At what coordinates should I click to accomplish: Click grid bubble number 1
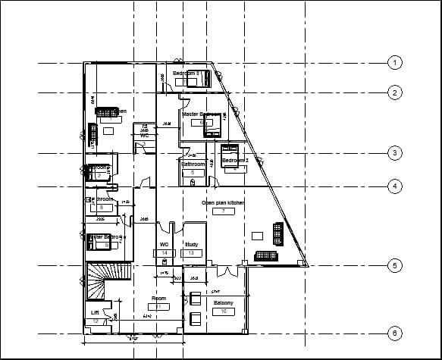pos(394,62)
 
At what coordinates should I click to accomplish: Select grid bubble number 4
pos(394,186)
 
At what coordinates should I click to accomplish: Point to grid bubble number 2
pos(394,93)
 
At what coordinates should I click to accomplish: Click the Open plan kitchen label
pos(223,203)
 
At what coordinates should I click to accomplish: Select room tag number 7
pos(223,211)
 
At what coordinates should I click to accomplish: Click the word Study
pos(193,245)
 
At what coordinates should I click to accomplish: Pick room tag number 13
pos(193,253)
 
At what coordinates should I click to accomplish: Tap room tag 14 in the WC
pos(165,253)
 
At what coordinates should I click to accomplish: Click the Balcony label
pos(223,303)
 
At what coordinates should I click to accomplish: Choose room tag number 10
pos(223,311)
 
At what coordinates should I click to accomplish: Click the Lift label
pos(95,313)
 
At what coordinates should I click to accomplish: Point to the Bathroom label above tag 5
pos(193,164)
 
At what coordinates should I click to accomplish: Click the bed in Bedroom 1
pos(203,79)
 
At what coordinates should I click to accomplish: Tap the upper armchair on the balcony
pos(196,299)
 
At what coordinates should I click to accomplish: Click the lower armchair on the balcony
pos(196,318)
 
